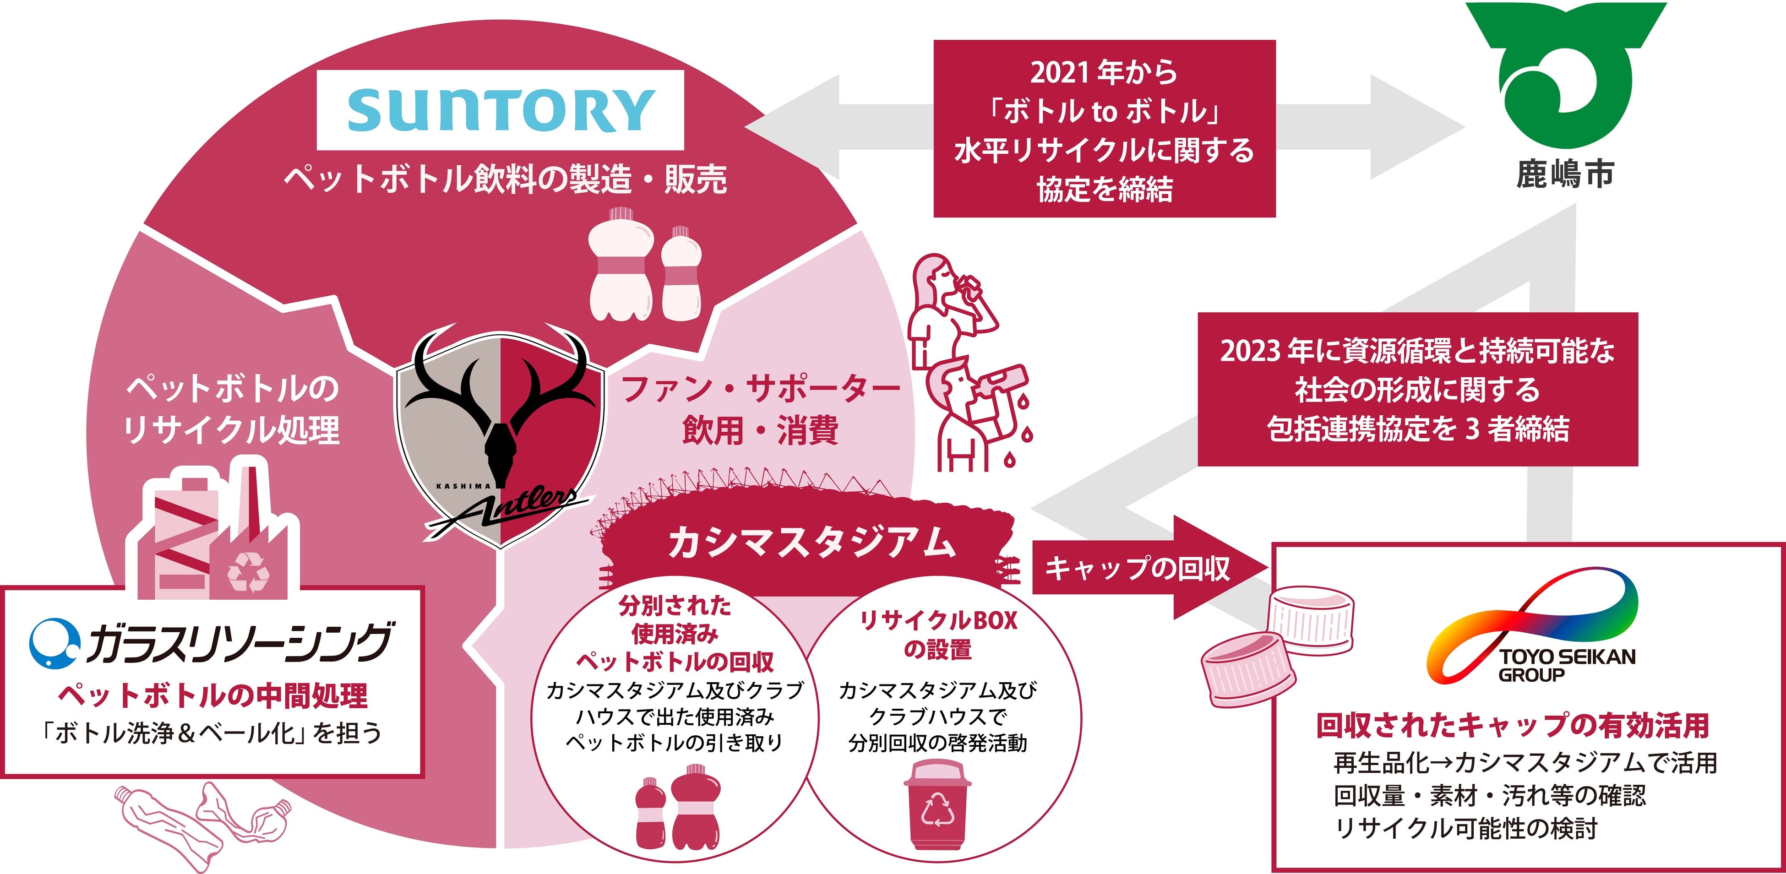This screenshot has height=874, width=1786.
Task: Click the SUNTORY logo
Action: point(500,110)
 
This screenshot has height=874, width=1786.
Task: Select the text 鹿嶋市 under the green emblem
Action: point(1565,173)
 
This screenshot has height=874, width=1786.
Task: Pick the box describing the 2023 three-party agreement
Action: point(1417,389)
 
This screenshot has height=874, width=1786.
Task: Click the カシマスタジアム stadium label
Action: point(811,543)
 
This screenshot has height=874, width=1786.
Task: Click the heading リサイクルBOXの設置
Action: point(937,634)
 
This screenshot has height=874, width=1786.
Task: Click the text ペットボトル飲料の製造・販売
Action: point(505,179)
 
